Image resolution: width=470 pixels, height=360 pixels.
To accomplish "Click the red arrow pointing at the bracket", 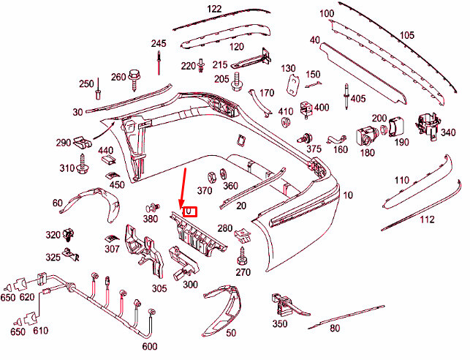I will pos(183,187).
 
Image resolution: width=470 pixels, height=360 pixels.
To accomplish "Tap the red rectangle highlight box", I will pos(189,211).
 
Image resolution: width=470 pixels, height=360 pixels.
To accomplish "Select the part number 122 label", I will pos(214,9).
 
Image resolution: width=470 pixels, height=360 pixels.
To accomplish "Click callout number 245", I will pos(159,43).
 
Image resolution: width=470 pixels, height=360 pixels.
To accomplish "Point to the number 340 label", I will pos(450,132).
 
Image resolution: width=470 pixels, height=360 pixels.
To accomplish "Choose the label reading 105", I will pos(406,35).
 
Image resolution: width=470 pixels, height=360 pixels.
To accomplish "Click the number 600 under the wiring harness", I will pos(150,346).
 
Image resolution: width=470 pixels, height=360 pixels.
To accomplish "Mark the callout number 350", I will pos(279,323).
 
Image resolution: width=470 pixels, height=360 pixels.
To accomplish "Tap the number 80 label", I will pos(335,329).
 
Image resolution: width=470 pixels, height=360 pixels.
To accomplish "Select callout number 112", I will pos(427,219).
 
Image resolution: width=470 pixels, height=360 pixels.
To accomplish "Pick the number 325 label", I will pos(53,257).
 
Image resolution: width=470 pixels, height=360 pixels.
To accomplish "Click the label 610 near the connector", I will pos(40,331).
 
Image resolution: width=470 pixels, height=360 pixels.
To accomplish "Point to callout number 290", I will pos(63,142).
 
